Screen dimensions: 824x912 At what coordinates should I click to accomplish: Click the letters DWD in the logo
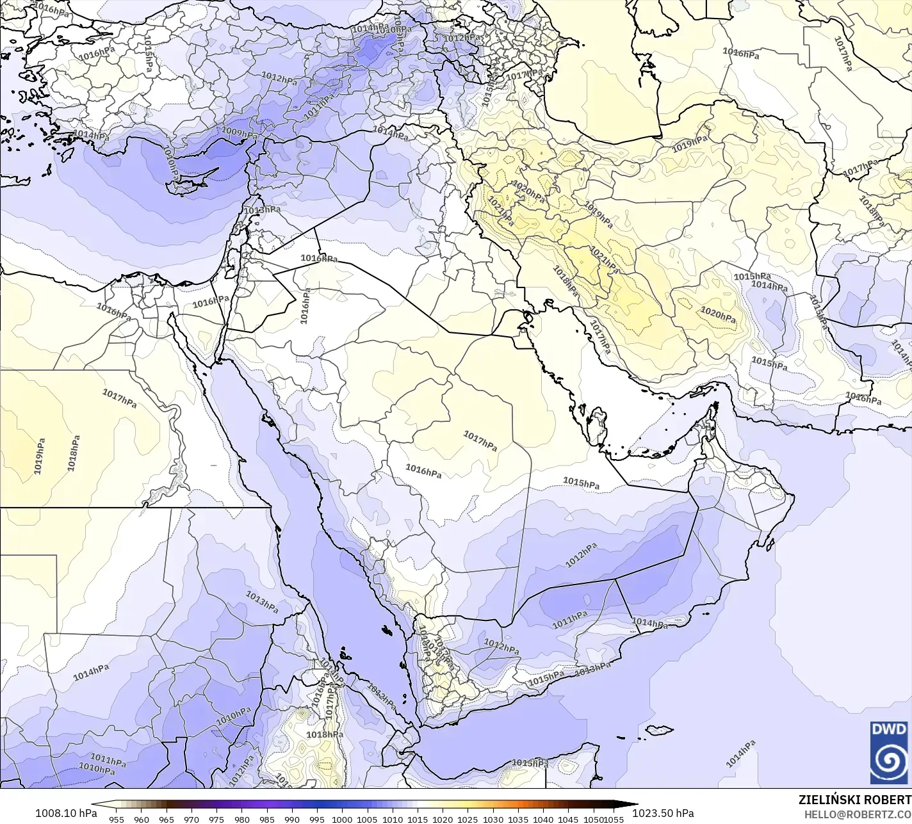tap(890, 729)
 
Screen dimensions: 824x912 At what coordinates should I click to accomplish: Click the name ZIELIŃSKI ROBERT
tap(854, 800)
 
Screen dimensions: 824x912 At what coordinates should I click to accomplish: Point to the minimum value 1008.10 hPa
tap(66, 813)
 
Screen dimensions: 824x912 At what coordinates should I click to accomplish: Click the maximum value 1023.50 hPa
tap(663, 813)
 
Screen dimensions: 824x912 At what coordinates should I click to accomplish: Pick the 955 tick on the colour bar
tap(116, 819)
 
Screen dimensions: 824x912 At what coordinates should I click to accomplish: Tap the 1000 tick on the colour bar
tap(342, 819)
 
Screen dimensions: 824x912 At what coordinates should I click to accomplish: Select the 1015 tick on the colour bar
tap(418, 819)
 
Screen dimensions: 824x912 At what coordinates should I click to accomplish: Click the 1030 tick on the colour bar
tap(493, 819)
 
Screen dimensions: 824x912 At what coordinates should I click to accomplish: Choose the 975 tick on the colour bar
tap(216, 819)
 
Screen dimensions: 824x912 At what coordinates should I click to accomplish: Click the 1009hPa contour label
tap(239, 133)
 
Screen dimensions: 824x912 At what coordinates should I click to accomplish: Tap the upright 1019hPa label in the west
tap(40, 456)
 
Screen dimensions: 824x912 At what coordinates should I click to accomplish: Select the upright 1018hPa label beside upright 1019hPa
tap(74, 453)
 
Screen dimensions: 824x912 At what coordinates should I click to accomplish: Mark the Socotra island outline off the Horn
tap(659, 729)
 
